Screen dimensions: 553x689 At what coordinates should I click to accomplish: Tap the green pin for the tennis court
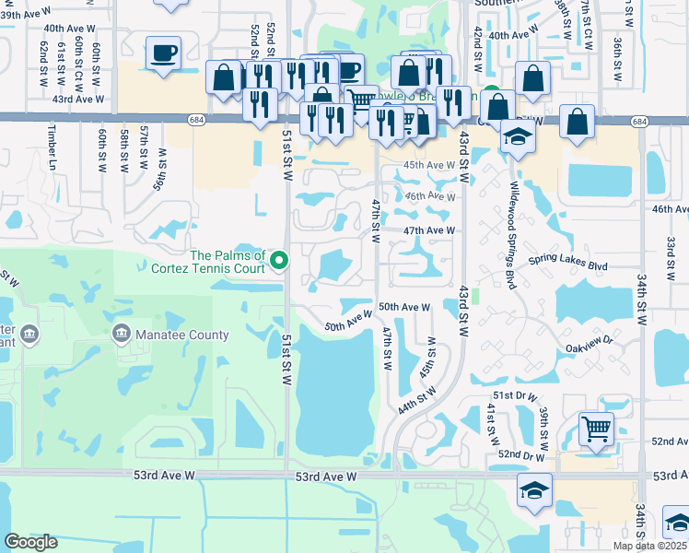point(281,263)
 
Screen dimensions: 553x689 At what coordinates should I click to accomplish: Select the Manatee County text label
point(182,335)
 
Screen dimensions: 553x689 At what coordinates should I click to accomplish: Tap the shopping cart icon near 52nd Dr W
point(596,429)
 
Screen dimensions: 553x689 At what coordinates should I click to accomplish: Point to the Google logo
point(31,542)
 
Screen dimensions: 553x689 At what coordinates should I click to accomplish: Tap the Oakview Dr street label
point(590,347)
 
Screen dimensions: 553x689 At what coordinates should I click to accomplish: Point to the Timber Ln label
point(52,147)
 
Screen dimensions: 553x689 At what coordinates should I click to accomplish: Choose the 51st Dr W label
point(514,396)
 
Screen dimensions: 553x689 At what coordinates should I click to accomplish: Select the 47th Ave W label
point(429,230)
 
